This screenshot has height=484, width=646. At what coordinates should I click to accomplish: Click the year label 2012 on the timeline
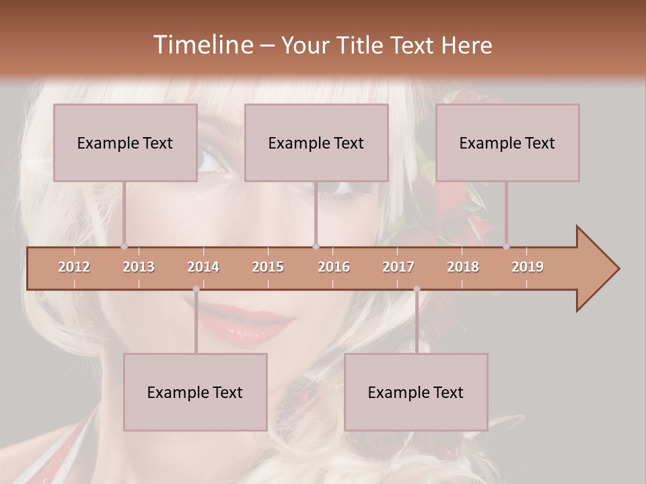point(74,267)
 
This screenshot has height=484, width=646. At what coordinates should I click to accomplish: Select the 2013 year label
point(139,267)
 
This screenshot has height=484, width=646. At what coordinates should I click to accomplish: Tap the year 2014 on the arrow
point(203,267)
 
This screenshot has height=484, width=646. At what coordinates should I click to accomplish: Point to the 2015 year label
point(268,267)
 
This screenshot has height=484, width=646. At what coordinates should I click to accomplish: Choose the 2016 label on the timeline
point(334,267)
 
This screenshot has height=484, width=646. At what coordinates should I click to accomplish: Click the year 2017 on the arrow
point(398,267)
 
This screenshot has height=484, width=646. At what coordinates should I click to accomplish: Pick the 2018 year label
point(463,267)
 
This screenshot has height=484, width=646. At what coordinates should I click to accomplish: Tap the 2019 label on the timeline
point(528,267)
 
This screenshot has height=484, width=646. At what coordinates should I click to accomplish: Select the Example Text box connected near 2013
point(125,143)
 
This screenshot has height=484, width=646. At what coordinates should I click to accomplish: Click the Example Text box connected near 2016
point(316,143)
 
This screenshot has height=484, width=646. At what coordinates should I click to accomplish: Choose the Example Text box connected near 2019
point(507,143)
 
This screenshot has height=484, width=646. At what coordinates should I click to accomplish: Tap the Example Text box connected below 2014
point(195,392)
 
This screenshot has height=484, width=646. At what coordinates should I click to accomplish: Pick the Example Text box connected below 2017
point(416,392)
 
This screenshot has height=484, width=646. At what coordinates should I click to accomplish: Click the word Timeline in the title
point(202,45)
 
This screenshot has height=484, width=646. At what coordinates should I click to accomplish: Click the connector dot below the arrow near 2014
point(196,289)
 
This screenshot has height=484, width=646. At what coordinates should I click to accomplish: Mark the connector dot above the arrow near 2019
point(506,246)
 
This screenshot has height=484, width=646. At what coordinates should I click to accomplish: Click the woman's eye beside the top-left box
point(210,161)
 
